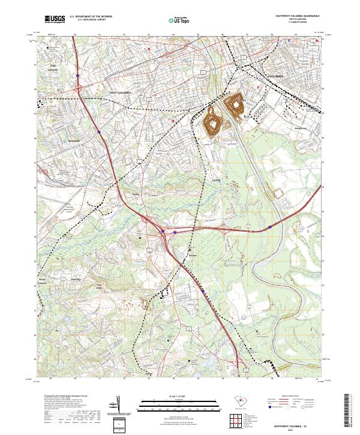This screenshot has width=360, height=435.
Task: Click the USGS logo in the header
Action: (x=55, y=19)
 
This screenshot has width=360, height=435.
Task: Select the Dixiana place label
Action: (x=192, y=254)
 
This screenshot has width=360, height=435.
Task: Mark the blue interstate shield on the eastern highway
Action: (x=271, y=227)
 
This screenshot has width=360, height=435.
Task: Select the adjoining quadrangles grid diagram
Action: (x=237, y=422)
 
